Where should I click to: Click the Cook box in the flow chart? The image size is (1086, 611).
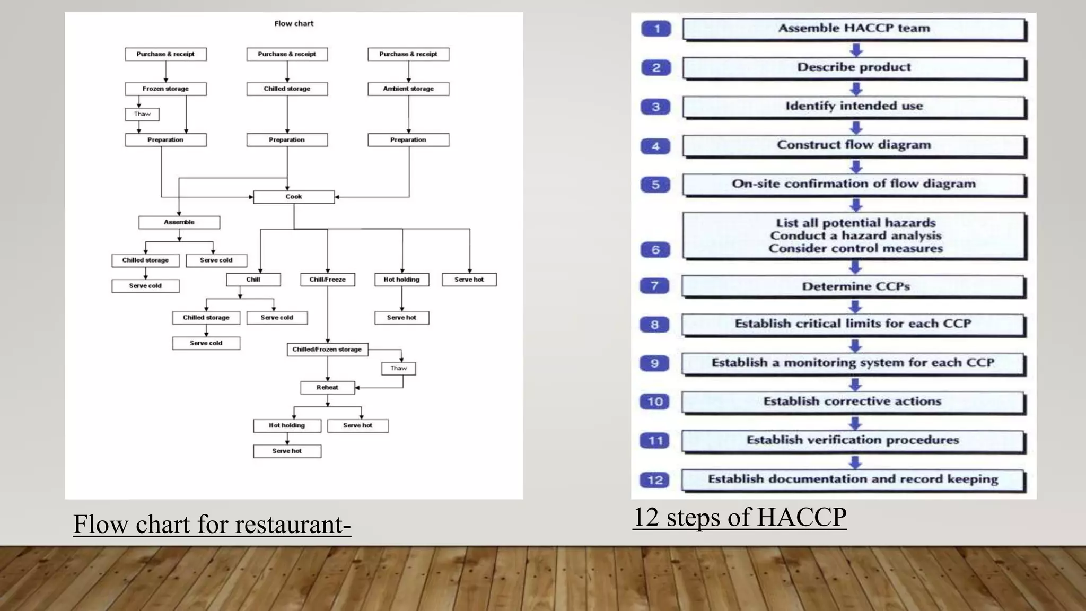click(294, 197)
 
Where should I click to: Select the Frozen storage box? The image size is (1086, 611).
click(165, 89)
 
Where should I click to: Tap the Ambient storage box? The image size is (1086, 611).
click(408, 89)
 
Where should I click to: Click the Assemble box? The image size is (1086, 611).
click(179, 222)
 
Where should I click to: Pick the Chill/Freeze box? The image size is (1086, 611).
click(328, 280)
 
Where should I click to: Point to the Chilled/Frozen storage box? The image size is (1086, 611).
click(327, 350)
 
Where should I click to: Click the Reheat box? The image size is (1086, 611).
click(327, 388)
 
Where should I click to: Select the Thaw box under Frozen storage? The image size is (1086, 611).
click(142, 114)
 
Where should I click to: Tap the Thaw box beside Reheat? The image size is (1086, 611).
click(399, 369)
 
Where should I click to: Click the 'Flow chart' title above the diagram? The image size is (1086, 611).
click(294, 23)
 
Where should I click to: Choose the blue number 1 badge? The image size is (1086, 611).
click(656, 29)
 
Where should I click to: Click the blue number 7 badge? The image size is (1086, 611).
click(655, 286)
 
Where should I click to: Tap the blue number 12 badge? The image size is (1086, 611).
click(655, 480)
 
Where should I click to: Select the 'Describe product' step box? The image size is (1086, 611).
click(854, 67)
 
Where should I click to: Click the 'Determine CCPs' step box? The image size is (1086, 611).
click(854, 286)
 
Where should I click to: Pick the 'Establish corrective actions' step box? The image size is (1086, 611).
click(853, 401)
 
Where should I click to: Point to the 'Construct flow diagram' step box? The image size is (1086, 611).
click(854, 145)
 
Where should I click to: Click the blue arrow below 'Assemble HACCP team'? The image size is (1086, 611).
click(856, 50)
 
